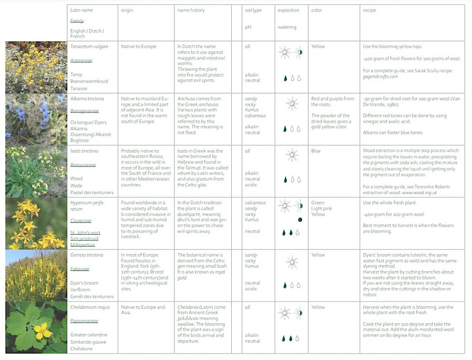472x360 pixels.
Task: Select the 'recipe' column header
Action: pos(369,10)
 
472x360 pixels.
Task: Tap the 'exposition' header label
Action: pos(288,10)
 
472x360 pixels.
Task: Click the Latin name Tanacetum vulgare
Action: pos(90,47)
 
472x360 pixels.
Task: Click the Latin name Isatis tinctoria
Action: pos(84,151)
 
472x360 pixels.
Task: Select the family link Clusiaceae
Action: pos(81,221)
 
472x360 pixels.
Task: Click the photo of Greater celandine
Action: pos(36,327)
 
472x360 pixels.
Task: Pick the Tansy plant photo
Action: pos(36,67)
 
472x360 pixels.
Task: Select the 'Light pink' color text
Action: pos(323,209)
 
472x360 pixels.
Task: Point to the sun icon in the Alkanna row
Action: pos(292,103)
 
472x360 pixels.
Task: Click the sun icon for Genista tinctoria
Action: pos(292,262)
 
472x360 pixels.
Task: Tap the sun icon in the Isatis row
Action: pos(292,155)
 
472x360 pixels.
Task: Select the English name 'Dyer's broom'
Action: pos(84,283)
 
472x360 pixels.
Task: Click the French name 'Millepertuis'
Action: pos(84,246)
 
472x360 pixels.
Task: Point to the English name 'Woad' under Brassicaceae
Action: pos(76,178)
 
